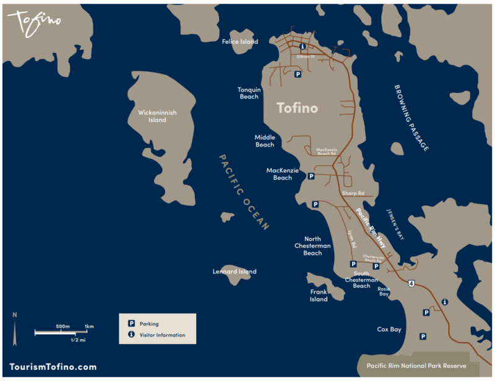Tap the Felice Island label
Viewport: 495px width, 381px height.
point(240,42)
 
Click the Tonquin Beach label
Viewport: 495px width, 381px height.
point(249,93)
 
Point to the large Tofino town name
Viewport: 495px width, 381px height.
point(297,108)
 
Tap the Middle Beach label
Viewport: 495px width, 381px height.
point(264,141)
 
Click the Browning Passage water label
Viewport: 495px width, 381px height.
point(411,118)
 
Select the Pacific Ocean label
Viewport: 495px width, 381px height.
point(244,192)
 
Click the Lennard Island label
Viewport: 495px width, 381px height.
point(235,272)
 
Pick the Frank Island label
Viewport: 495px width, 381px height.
point(319,296)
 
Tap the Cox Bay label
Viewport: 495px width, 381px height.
point(389,330)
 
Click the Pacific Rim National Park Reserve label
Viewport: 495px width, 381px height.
point(416,366)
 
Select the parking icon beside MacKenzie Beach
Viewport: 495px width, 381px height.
point(311,176)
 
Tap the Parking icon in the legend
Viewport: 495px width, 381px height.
point(131,323)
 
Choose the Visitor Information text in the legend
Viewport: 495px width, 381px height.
point(162,335)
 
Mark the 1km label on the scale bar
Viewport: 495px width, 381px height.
point(89,326)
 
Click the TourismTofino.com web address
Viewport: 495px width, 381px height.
point(53,367)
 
